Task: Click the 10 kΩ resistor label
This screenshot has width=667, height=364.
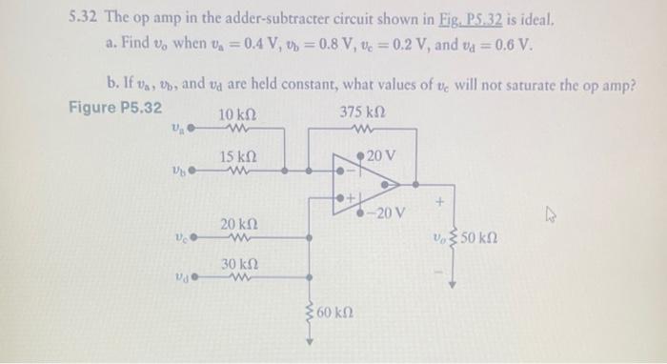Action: click(237, 115)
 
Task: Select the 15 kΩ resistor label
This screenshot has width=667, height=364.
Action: click(237, 156)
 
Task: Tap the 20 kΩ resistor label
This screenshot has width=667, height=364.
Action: click(237, 223)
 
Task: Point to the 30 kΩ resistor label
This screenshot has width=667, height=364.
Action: click(237, 262)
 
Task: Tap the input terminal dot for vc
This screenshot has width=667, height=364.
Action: click(192, 237)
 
